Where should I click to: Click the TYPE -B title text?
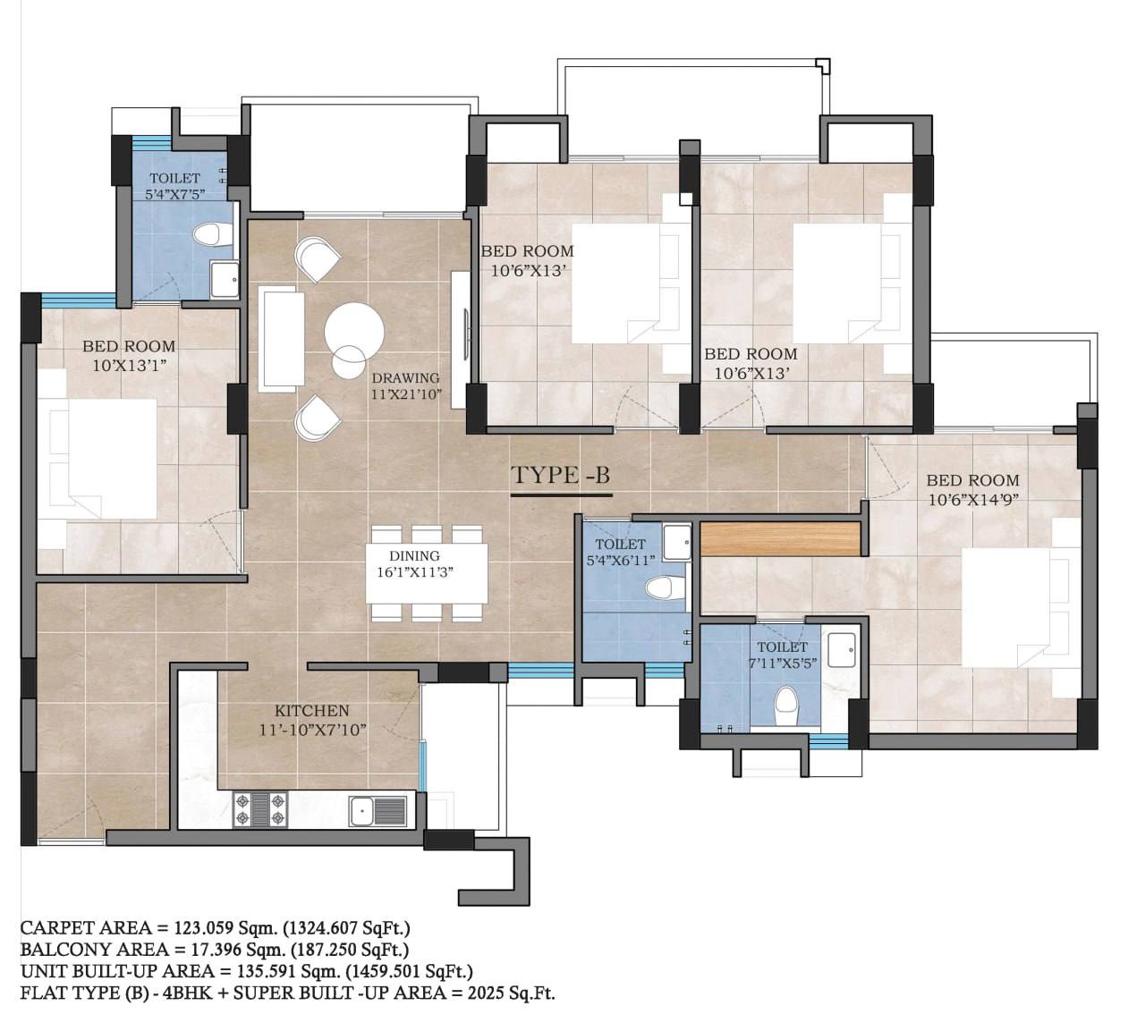(x=560, y=475)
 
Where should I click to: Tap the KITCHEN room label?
(x=312, y=710)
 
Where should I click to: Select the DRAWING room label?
(x=405, y=377)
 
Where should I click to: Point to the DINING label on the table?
(x=414, y=555)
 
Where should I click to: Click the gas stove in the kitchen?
(x=260, y=809)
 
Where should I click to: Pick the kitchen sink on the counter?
(x=377, y=811)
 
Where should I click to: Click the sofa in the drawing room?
(x=282, y=339)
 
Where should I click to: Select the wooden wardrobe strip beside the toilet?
(x=780, y=539)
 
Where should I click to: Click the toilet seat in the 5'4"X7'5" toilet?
(x=213, y=234)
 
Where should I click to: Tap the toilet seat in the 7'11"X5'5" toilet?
(x=785, y=706)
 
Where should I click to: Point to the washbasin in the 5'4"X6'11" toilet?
(x=676, y=542)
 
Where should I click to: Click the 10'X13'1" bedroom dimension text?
(x=130, y=366)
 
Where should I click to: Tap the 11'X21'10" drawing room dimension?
(x=406, y=394)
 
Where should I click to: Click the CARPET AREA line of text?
(x=215, y=927)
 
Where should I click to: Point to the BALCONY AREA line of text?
(x=214, y=949)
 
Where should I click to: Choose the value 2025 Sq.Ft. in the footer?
(x=511, y=993)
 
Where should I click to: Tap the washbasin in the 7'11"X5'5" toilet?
(x=841, y=649)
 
